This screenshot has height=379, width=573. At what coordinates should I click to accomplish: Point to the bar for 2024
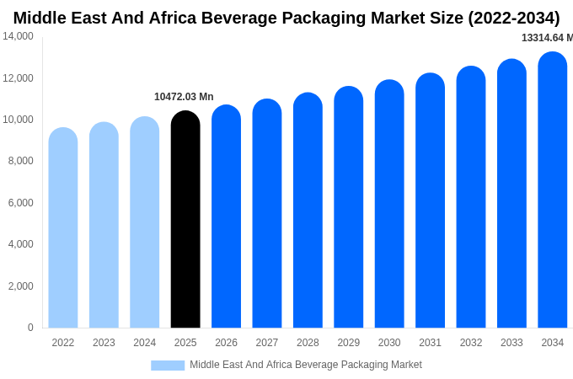[x=145, y=222]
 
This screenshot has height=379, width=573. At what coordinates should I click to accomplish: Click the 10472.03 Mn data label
[x=184, y=97]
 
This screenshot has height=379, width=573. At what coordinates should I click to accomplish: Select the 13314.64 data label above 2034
[x=547, y=38]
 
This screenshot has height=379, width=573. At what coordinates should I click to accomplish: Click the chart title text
[x=286, y=18]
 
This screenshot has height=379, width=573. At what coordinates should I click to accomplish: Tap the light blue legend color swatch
[x=168, y=366]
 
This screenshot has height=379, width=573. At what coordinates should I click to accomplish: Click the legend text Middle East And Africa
[x=305, y=365]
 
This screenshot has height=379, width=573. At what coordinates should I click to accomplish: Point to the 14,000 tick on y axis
[x=18, y=36]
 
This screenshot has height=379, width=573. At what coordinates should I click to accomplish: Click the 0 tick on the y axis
[x=30, y=328]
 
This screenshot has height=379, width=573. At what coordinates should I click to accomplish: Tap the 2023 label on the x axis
[x=104, y=343]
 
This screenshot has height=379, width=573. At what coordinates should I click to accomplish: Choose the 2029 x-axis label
[x=349, y=343]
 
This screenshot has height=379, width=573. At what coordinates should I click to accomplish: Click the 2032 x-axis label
[x=471, y=343]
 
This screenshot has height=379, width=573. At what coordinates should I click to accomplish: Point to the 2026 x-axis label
[x=226, y=343]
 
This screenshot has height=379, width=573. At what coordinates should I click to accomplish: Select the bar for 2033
[x=511, y=194]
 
